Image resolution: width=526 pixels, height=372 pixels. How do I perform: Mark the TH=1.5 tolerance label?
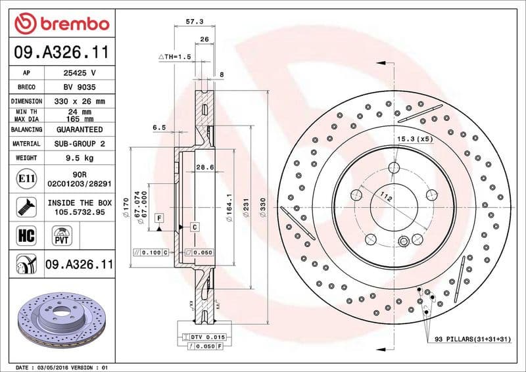[175, 57]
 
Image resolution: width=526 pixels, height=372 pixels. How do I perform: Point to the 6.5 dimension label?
[158, 128]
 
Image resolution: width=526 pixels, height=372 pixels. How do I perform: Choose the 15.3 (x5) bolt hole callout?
[414, 139]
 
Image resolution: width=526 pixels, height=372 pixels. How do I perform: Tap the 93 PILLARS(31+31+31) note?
[471, 339]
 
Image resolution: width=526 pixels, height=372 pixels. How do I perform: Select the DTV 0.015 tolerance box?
[207, 336]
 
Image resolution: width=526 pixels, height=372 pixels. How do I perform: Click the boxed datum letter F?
[158, 217]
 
